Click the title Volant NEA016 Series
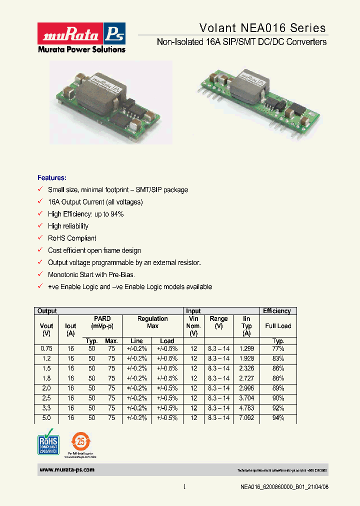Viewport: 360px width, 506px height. coord(262,28)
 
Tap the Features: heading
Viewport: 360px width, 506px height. coord(52,178)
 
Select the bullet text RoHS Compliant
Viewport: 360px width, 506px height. coord(72,238)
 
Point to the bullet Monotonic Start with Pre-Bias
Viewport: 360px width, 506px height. coord(91,274)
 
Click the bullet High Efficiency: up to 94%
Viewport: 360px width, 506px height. coord(85,214)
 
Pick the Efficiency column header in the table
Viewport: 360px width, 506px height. coord(277,311)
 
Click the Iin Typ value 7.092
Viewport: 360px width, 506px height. coord(246,418)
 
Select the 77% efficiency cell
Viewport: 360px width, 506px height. coord(278,348)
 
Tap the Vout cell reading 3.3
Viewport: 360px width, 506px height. coord(46,408)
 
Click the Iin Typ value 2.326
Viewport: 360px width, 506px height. coord(246,368)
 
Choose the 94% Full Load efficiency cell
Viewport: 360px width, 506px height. coord(278,418)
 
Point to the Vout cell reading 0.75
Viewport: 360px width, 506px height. coord(46,348)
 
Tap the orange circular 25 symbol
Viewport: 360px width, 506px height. coord(80,440)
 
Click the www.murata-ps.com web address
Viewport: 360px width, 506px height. coord(66,470)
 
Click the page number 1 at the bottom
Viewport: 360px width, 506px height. coord(184,487)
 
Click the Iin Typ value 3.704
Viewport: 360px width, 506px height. coord(246,398)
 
